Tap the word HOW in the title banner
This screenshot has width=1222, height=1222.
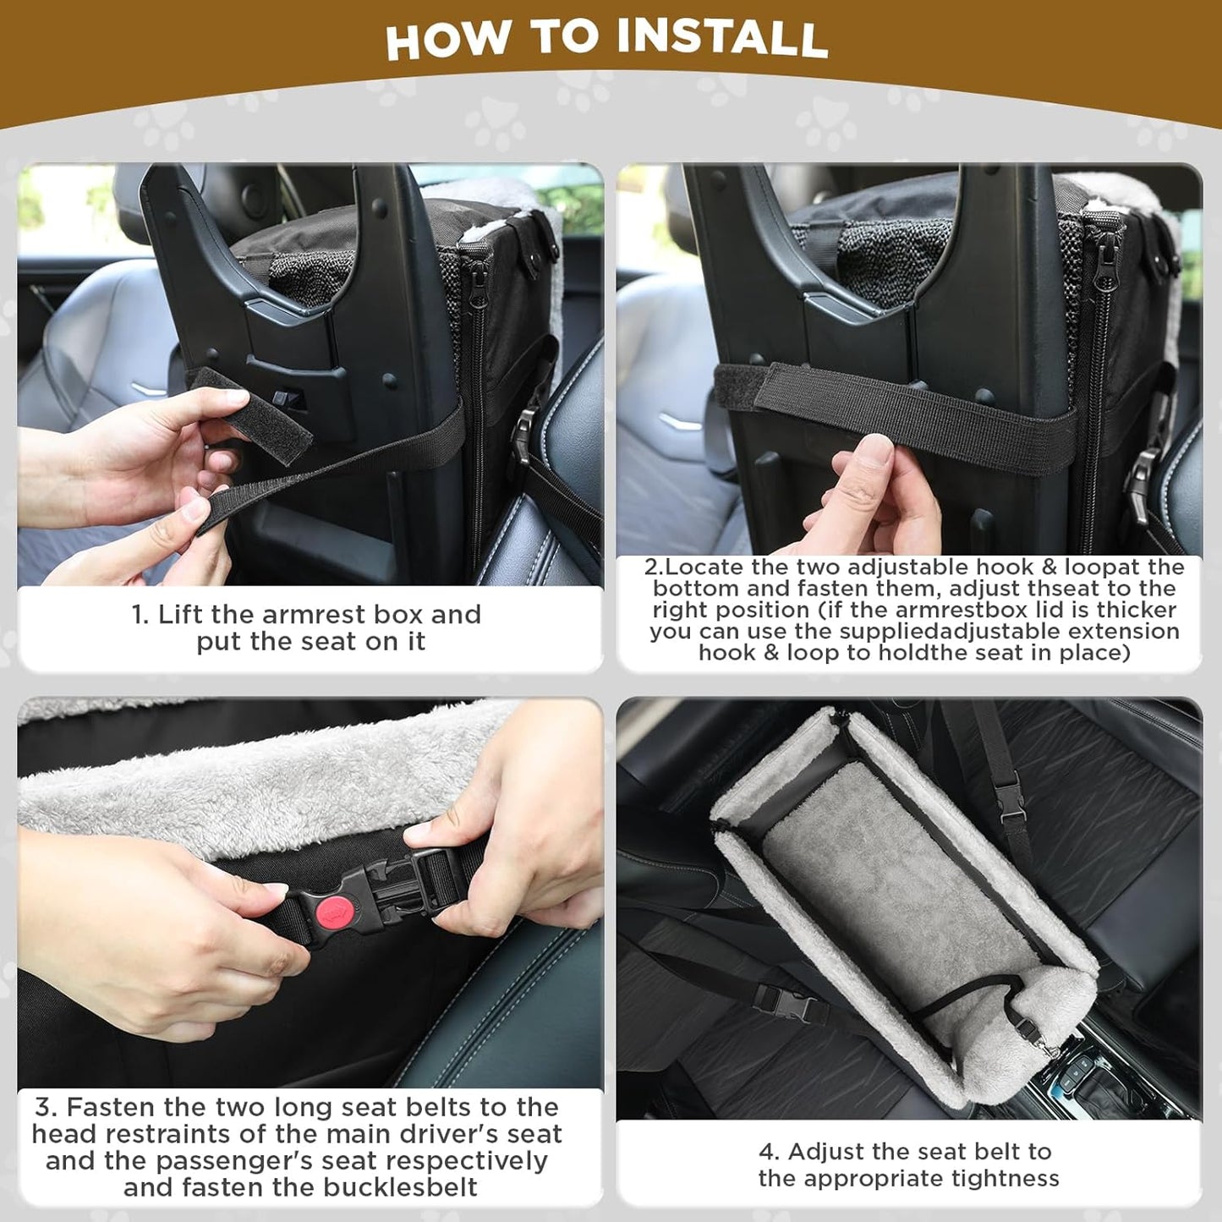click(x=448, y=40)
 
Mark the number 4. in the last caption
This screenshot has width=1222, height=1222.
click(x=769, y=1152)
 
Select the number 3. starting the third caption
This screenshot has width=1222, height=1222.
click(x=46, y=1107)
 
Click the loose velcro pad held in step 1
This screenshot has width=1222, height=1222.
click(x=249, y=414)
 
